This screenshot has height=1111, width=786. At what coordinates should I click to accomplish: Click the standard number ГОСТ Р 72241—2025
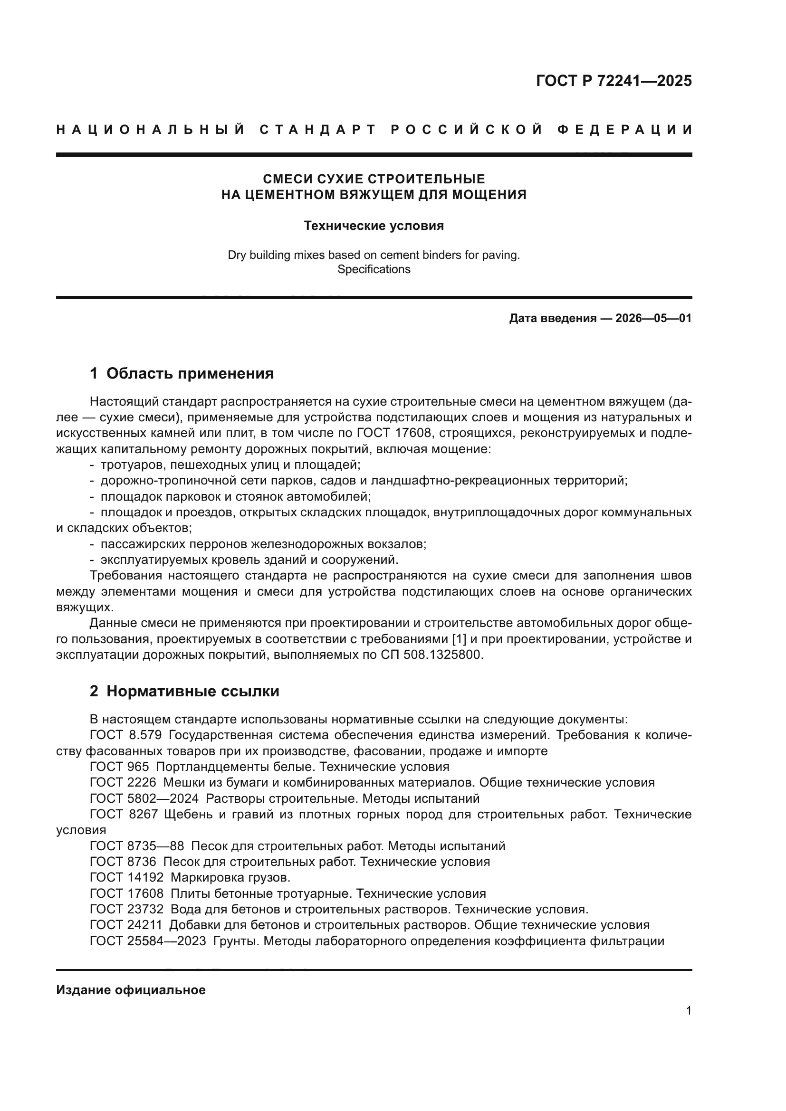coord(613,81)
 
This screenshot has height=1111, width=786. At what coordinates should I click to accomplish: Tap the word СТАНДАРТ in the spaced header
coord(318,130)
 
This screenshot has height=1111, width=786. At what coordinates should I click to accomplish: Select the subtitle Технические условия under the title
coord(374,226)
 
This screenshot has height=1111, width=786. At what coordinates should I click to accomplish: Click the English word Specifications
coord(374,269)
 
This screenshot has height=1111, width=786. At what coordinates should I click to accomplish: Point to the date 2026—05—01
coord(653,318)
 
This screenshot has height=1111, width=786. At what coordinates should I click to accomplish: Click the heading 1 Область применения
coord(182,373)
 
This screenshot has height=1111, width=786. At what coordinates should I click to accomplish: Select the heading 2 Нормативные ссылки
coord(184,692)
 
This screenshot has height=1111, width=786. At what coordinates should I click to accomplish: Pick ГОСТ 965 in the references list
coord(120,767)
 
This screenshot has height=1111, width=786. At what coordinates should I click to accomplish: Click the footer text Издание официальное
coord(131,990)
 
